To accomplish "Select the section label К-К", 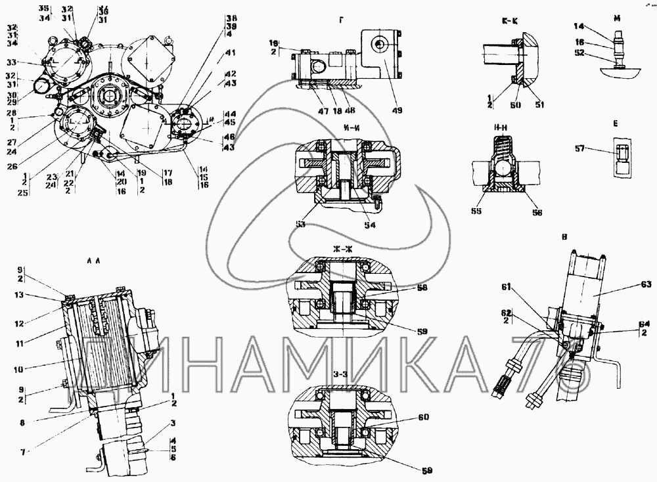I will (x=509, y=21).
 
